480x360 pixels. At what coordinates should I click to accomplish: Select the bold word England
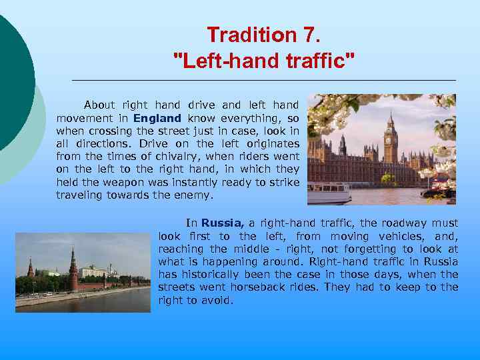tap(157, 119)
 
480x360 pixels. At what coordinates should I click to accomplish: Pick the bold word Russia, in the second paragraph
tap(223, 223)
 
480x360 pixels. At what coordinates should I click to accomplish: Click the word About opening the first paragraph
tap(99, 105)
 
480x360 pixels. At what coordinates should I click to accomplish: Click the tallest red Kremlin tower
tap(73, 267)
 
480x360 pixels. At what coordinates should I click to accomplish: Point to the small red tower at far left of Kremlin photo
tap(31, 269)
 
